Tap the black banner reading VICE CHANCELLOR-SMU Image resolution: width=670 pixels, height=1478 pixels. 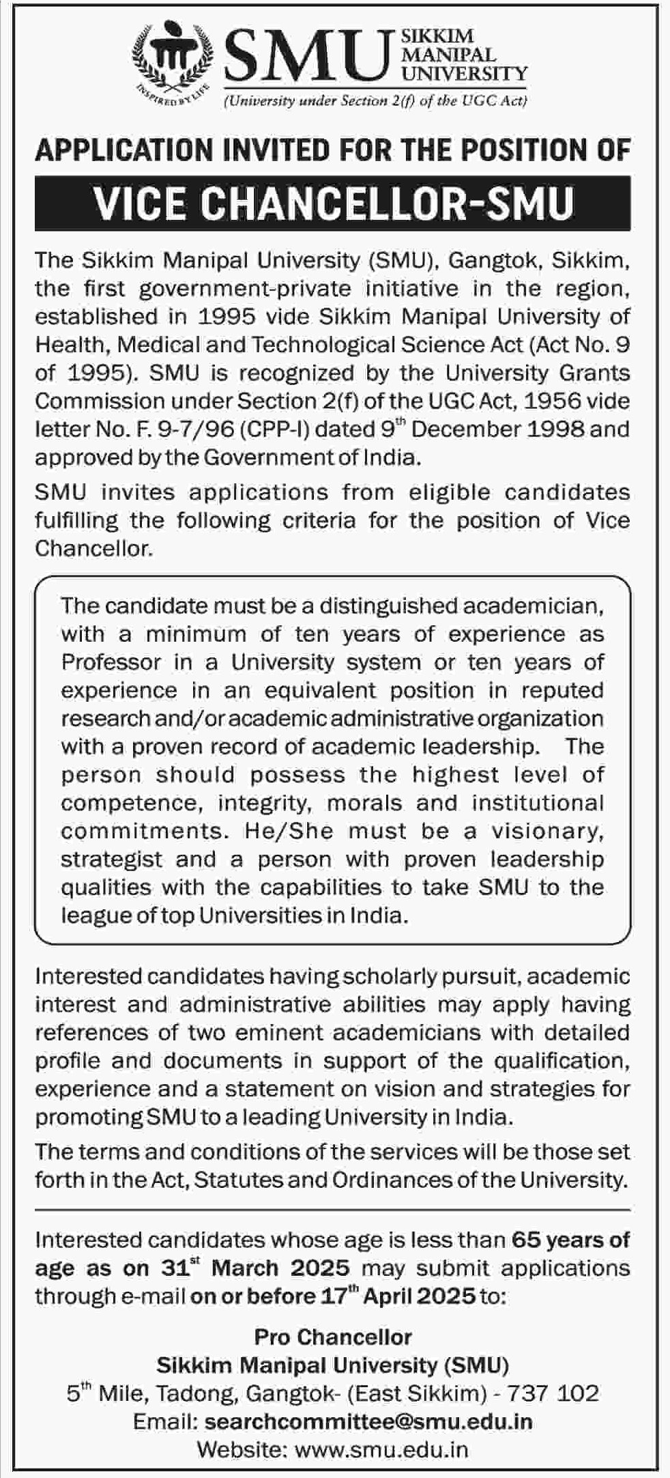333,203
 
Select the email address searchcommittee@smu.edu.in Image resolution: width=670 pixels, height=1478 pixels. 368,1421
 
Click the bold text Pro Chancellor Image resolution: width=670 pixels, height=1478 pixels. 333,1336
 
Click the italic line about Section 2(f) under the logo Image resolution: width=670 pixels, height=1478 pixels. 375,102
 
